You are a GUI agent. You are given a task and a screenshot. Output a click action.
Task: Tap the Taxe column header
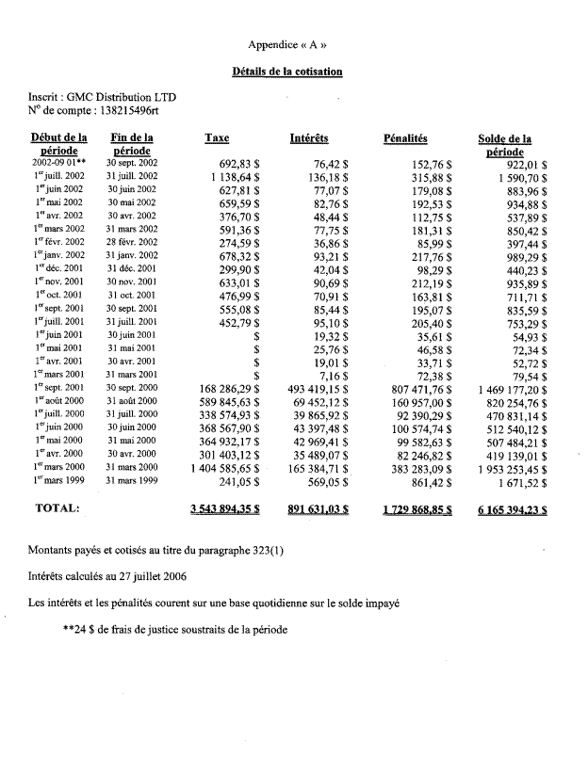pyautogui.click(x=217, y=138)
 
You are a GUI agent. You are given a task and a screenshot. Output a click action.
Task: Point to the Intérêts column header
pyautogui.click(x=309, y=138)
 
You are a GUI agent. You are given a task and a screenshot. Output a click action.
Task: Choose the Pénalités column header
pyautogui.click(x=406, y=138)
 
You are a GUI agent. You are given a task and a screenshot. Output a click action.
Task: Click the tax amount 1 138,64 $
pyautogui.click(x=236, y=176)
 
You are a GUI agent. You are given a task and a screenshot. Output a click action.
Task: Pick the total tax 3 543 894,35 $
pyautogui.click(x=231, y=509)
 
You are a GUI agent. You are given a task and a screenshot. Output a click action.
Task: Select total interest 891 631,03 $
pyautogui.click(x=319, y=509)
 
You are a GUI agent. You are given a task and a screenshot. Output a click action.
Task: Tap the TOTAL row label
pyautogui.click(x=57, y=508)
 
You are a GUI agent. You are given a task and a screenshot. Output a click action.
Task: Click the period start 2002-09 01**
pyautogui.click(x=58, y=163)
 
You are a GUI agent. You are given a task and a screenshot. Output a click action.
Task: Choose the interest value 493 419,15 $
pyautogui.click(x=319, y=388)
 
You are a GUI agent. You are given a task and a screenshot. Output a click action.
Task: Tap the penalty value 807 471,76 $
pyautogui.click(x=416, y=388)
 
